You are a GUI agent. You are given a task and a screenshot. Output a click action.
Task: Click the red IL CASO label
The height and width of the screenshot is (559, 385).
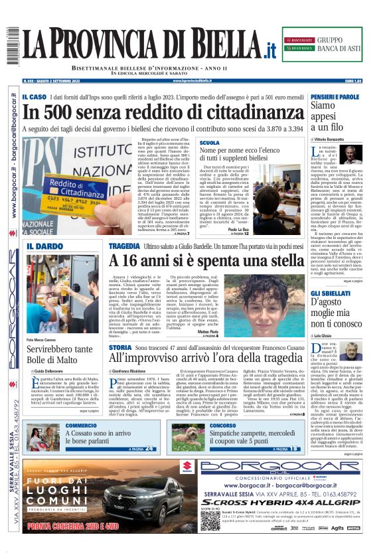(x=34, y=97)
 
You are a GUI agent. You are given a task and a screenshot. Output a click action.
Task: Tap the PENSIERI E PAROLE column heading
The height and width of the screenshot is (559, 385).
(x=335, y=97)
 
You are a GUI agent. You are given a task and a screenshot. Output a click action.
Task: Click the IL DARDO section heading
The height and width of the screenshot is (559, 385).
(x=45, y=247)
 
